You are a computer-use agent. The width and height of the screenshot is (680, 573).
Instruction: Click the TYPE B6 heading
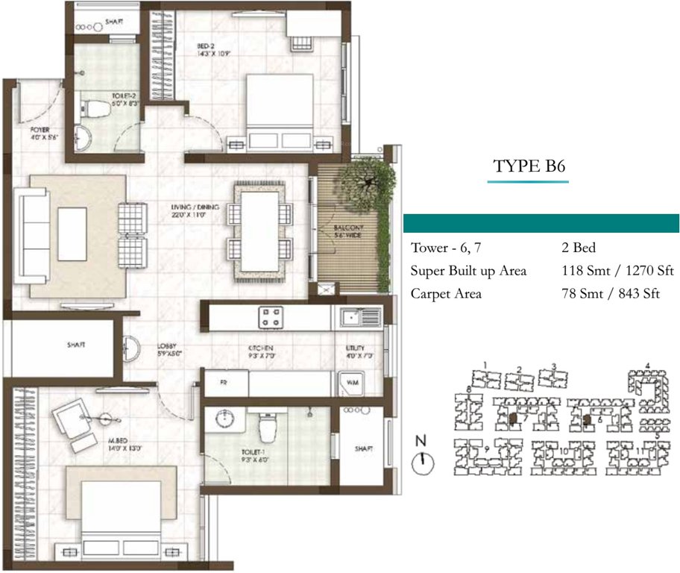(530, 166)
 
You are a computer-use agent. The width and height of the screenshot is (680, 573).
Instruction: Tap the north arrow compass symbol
(422, 462)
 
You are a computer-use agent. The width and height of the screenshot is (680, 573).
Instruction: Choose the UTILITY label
(355, 351)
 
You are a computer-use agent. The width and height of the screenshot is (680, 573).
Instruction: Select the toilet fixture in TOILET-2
(95, 109)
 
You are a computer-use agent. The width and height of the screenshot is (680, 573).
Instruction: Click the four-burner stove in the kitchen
(269, 316)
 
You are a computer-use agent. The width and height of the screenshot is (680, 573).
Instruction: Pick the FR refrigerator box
(223, 383)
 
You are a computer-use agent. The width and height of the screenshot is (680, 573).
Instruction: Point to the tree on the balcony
(365, 178)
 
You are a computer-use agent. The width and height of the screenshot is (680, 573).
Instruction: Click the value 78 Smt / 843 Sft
(611, 294)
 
